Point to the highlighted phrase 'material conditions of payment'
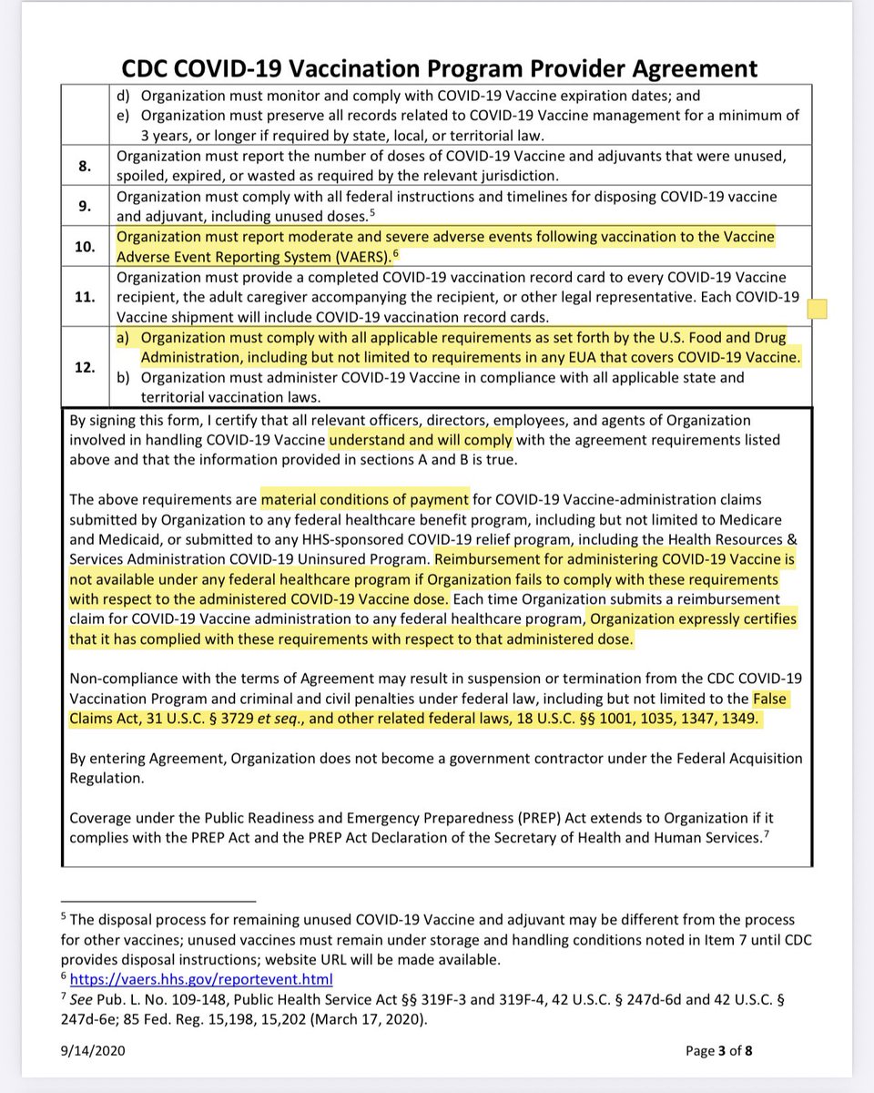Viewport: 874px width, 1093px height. click(365, 499)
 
